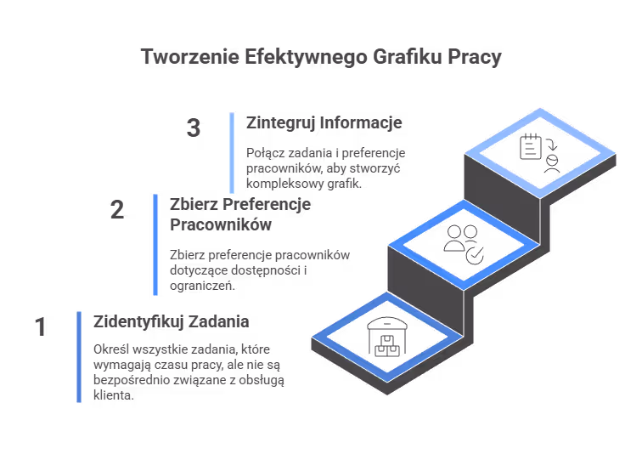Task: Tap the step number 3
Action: click(x=194, y=128)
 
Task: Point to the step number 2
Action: click(x=117, y=210)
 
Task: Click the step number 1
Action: click(x=39, y=327)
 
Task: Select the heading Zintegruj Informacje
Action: click(x=324, y=122)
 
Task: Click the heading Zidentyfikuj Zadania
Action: click(x=171, y=322)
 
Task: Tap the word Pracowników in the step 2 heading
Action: click(x=221, y=225)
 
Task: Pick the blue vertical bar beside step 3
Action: click(x=231, y=152)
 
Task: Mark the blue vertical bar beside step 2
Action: click(x=155, y=245)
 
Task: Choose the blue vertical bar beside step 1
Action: click(x=78, y=356)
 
